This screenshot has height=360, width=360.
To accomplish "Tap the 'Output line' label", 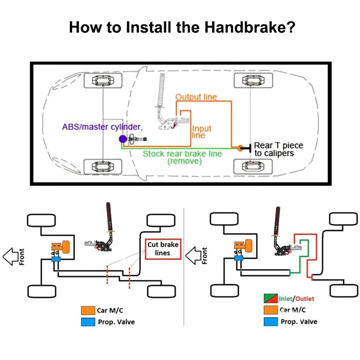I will [196, 97].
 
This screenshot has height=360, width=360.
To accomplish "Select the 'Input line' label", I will [201, 132].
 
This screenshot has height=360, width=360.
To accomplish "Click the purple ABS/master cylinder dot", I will [123, 139].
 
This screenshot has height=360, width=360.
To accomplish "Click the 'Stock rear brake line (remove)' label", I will [183, 157].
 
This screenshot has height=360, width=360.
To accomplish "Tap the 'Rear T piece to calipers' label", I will [278, 149].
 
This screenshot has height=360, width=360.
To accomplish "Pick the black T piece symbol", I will [248, 148].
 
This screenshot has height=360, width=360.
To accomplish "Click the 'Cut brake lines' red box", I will [163, 249].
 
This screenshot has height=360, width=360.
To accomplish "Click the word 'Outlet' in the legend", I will [305, 299].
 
